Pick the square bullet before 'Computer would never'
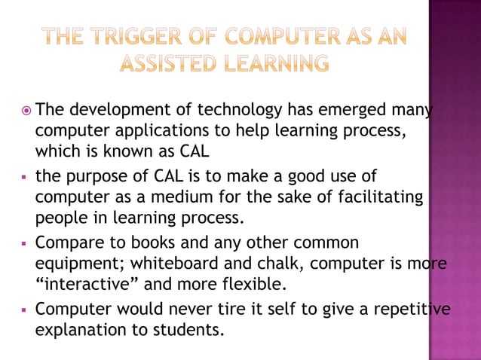click(x=25, y=310)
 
